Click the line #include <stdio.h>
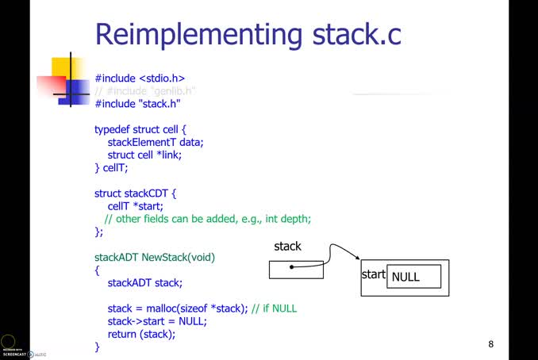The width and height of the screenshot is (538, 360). pos(140,79)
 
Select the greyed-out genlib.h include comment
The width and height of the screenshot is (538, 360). pos(145,91)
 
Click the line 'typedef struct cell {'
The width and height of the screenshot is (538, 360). pos(140,129)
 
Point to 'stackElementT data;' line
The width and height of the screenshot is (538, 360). pos(156,142)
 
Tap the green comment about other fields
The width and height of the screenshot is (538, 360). pos(208,219)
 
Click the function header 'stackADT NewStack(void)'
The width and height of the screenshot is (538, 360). pos(155,257)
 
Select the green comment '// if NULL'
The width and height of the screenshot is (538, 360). pos(274,308)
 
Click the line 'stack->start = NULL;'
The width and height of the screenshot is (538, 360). pos(157,321)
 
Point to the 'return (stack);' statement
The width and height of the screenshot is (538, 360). pos(141,334)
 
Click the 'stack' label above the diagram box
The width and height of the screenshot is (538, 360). pos(287,247)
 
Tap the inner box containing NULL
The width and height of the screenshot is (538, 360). pos(413,277)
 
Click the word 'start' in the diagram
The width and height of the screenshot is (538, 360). pos(374,275)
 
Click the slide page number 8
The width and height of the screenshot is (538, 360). pos(490,344)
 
